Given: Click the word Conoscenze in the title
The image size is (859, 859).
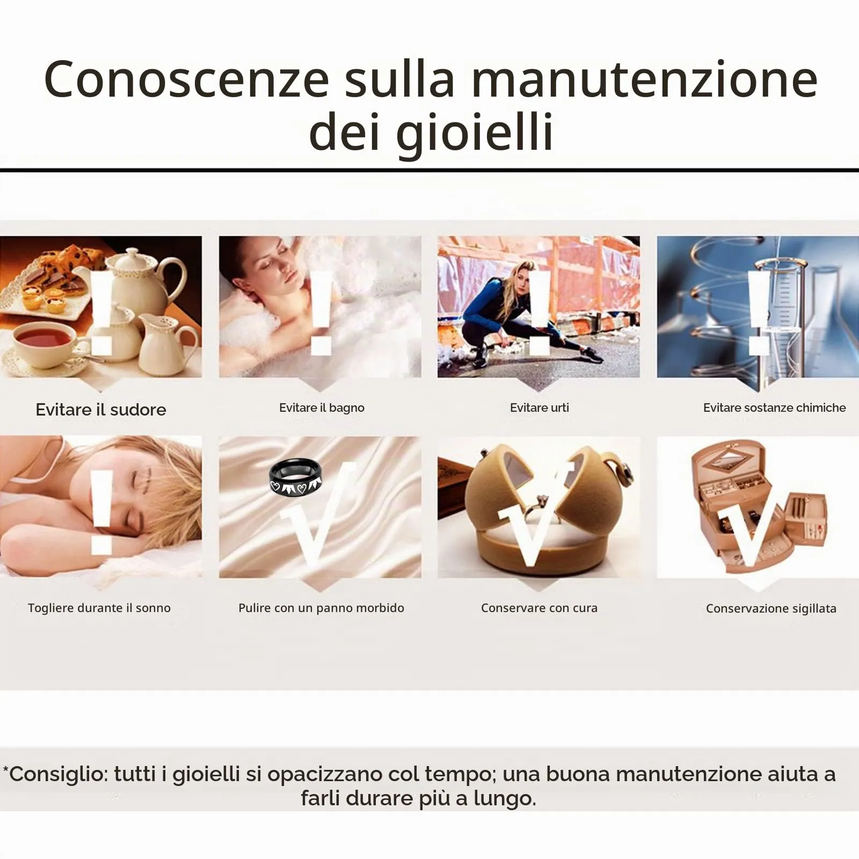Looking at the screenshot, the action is (x=186, y=79).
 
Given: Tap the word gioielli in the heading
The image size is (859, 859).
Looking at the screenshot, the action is (x=475, y=132).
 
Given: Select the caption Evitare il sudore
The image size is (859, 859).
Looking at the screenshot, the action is (x=101, y=410).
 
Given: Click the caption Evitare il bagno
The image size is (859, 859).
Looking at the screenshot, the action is (x=322, y=407).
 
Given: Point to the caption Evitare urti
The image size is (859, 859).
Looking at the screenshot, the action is (x=540, y=407).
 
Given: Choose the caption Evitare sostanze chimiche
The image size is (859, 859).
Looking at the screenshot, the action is (x=774, y=407).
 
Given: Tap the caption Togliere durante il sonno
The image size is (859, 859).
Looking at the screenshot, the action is (x=99, y=608).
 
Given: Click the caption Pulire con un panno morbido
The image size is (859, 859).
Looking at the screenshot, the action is (x=321, y=608).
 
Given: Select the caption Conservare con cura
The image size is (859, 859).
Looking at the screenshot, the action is (x=539, y=608).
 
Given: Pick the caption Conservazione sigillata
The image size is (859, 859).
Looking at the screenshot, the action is (x=771, y=608).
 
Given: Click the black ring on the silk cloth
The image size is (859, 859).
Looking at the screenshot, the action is (x=296, y=477).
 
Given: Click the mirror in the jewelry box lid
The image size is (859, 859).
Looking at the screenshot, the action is (x=731, y=457).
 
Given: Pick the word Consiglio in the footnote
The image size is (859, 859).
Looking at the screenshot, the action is (x=57, y=775).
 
